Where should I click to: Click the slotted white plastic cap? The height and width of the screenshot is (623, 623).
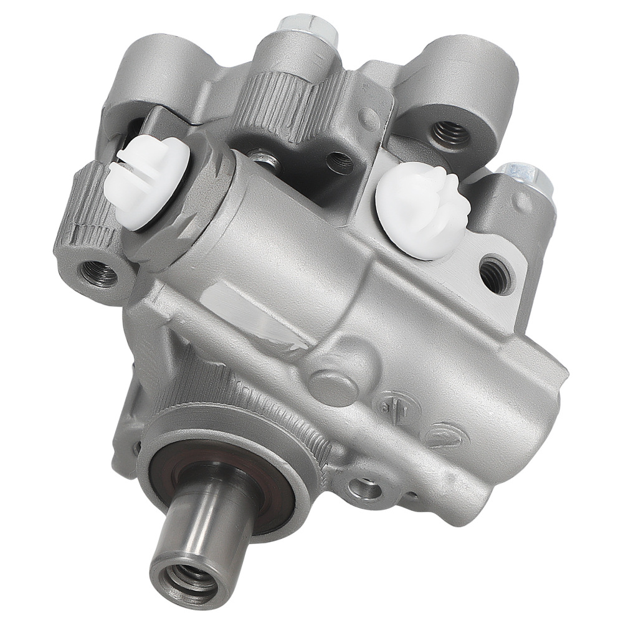click(146, 181)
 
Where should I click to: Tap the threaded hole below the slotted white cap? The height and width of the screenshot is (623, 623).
click(98, 273)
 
